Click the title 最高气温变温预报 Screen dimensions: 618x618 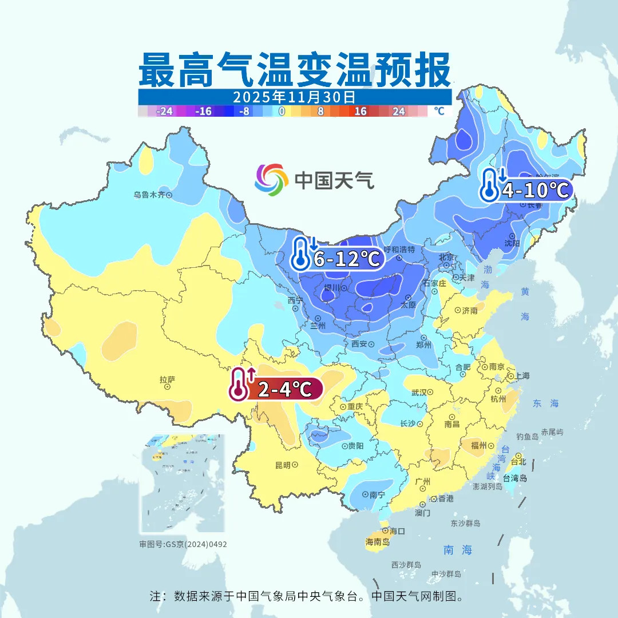point(295,70)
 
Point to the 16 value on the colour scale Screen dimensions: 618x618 point(360,112)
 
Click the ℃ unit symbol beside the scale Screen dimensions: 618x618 point(439,111)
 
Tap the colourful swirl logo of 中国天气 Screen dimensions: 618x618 point(271,180)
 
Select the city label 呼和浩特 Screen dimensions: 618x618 point(403,249)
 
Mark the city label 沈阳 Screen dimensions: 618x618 point(512,243)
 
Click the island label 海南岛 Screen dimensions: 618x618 point(377,542)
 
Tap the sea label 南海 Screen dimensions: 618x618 point(458,550)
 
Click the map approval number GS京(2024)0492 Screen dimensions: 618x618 point(183,544)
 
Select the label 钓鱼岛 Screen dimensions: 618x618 point(527,437)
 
